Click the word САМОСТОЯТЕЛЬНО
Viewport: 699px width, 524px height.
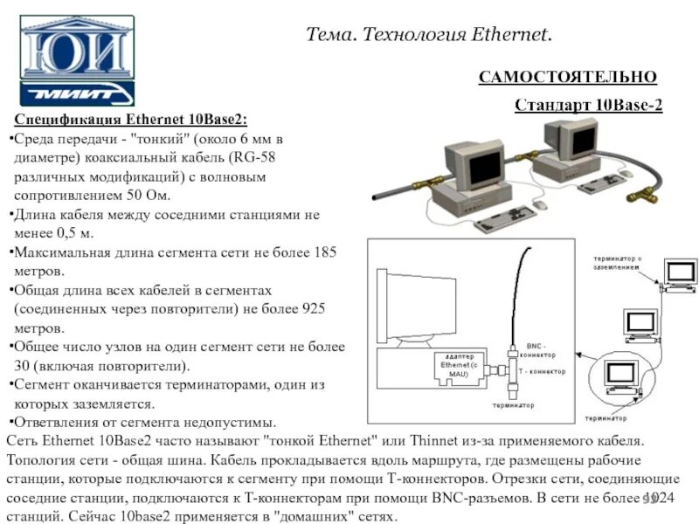coord(567,77)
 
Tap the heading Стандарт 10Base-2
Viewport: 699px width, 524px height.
coord(588,105)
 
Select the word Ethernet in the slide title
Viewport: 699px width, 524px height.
coord(509,35)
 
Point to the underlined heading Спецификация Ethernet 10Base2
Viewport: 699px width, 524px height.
coord(130,120)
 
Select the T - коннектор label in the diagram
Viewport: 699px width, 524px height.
coord(542,371)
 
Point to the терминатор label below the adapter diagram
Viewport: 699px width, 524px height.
coord(513,405)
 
